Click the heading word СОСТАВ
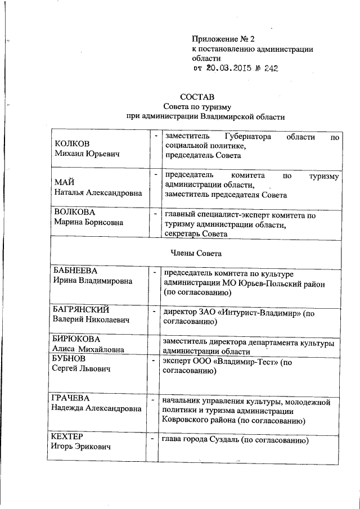(x=198, y=97)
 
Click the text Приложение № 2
(x=223, y=39)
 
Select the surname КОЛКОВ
(x=71, y=143)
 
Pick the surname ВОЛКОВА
(x=73, y=213)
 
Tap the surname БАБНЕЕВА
(x=75, y=271)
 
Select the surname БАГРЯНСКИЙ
(x=80, y=310)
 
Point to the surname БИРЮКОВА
(x=76, y=339)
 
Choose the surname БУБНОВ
(x=71, y=359)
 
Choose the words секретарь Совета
(x=196, y=234)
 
